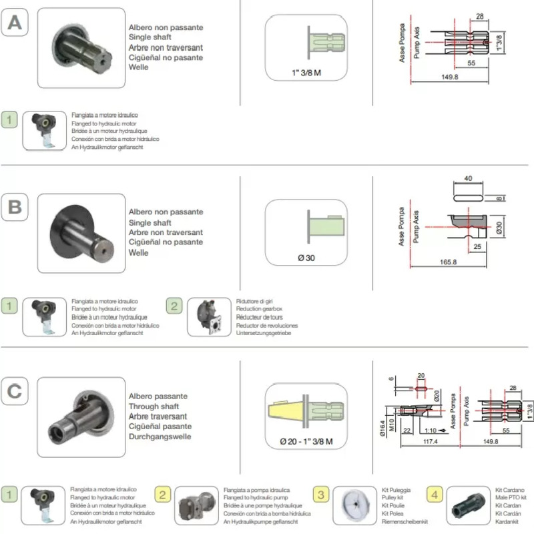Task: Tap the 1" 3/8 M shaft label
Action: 306,73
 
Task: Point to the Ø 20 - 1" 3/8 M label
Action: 306,442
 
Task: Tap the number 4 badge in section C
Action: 435,495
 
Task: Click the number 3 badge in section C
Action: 322,495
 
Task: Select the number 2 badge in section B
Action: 174,306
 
